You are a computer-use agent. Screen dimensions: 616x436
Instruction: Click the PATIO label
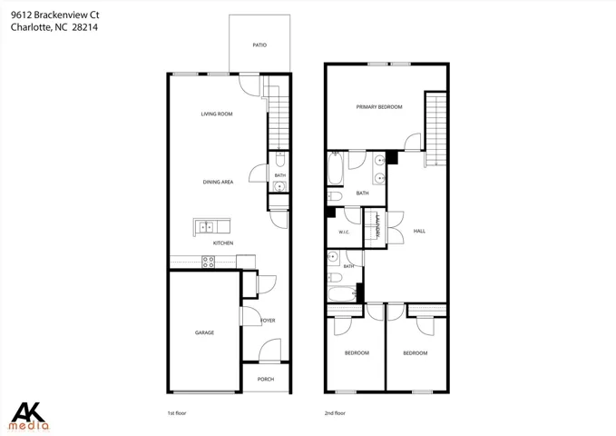pos(259,45)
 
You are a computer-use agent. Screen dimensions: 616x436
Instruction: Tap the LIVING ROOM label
pos(217,114)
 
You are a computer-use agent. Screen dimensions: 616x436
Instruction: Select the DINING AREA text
pos(218,183)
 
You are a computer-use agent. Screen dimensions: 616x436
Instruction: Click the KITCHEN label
pos(223,243)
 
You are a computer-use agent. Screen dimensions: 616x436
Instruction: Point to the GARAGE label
pos(204,332)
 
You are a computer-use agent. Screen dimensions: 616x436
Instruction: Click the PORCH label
pos(266,380)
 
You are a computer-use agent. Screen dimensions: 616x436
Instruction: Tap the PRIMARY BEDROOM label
pos(379,107)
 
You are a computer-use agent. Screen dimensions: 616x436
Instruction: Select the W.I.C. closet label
pos(344,233)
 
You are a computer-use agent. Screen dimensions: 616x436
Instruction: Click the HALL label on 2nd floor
pos(419,232)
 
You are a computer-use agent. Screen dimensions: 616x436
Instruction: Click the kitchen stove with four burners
pos(209,263)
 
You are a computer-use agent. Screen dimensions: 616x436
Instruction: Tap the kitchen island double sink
pos(206,227)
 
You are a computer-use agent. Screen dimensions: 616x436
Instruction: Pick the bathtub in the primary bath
pos(336,168)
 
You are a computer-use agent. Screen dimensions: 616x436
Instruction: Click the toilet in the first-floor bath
pos(279,159)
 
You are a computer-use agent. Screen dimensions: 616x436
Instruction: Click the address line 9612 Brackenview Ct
pos(55,15)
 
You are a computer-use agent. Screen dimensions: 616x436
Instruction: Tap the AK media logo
pos(29,417)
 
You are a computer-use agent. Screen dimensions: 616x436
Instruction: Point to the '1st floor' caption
pos(177,413)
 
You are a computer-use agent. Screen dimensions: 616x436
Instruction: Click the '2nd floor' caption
pos(335,413)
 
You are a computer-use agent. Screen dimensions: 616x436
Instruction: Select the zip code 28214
pos(85,27)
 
